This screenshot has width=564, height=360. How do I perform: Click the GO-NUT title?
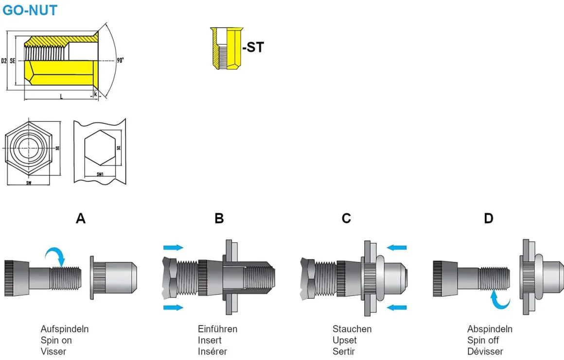tap(30, 10)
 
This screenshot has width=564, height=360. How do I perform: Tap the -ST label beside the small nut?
tap(253, 47)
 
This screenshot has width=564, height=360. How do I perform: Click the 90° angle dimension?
tap(120, 60)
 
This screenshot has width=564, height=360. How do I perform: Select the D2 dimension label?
tap(4, 61)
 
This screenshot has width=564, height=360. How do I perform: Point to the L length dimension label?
tap(61, 97)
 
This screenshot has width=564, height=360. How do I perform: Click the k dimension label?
tap(95, 93)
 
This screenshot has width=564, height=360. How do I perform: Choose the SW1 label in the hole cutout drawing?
tap(100, 174)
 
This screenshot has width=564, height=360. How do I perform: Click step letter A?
tap(81, 219)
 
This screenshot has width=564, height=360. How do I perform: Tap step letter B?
tap(219, 219)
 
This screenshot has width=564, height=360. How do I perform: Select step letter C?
tap(346, 219)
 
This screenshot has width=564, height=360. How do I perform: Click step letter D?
tap(489, 219)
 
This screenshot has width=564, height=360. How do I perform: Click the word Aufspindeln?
tap(65, 329)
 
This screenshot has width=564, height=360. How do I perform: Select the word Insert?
tap(210, 340)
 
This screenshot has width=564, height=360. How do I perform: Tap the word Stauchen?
tap(352, 329)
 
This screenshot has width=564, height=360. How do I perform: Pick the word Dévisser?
tap(485, 351)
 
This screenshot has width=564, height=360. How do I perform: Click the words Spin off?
tap(483, 340)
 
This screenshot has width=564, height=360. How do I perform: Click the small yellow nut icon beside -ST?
tap(226, 48)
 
